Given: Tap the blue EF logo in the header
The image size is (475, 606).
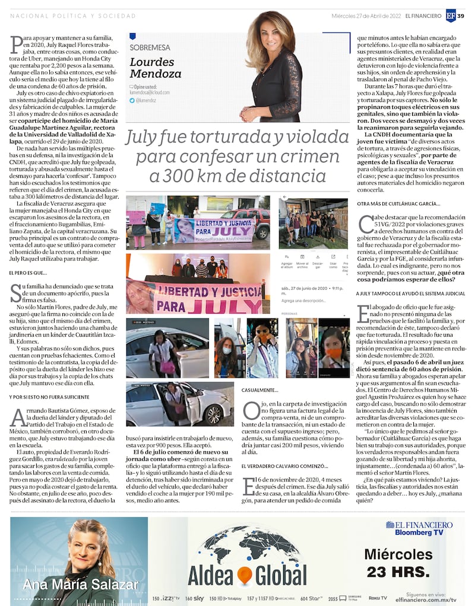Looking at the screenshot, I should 451,16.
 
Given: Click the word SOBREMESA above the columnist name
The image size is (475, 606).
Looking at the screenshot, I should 150,47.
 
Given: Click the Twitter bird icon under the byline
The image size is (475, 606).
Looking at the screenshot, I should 132,101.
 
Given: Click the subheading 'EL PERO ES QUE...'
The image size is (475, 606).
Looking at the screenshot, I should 28,273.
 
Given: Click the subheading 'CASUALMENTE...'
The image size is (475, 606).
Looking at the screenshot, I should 260,390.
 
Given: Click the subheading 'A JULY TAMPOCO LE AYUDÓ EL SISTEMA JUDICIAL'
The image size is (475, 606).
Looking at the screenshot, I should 410,293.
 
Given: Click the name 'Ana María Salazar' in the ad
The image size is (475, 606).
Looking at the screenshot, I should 80,584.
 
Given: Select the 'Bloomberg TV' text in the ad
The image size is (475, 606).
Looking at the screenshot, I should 419,533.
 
